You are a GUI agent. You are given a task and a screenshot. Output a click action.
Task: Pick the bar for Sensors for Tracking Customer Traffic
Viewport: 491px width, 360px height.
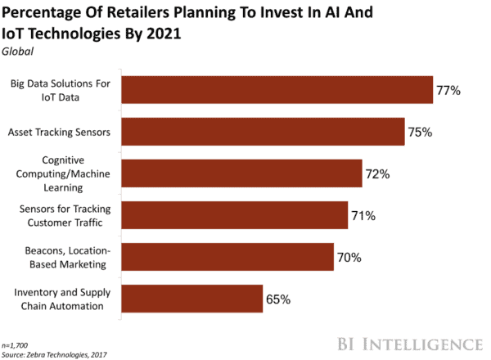(x=234, y=215)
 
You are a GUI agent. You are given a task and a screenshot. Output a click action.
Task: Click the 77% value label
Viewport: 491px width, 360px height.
(x=449, y=90)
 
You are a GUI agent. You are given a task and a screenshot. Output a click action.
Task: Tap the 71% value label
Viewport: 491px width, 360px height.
(x=364, y=215)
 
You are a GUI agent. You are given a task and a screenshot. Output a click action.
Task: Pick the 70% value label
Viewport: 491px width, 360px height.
(x=349, y=257)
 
